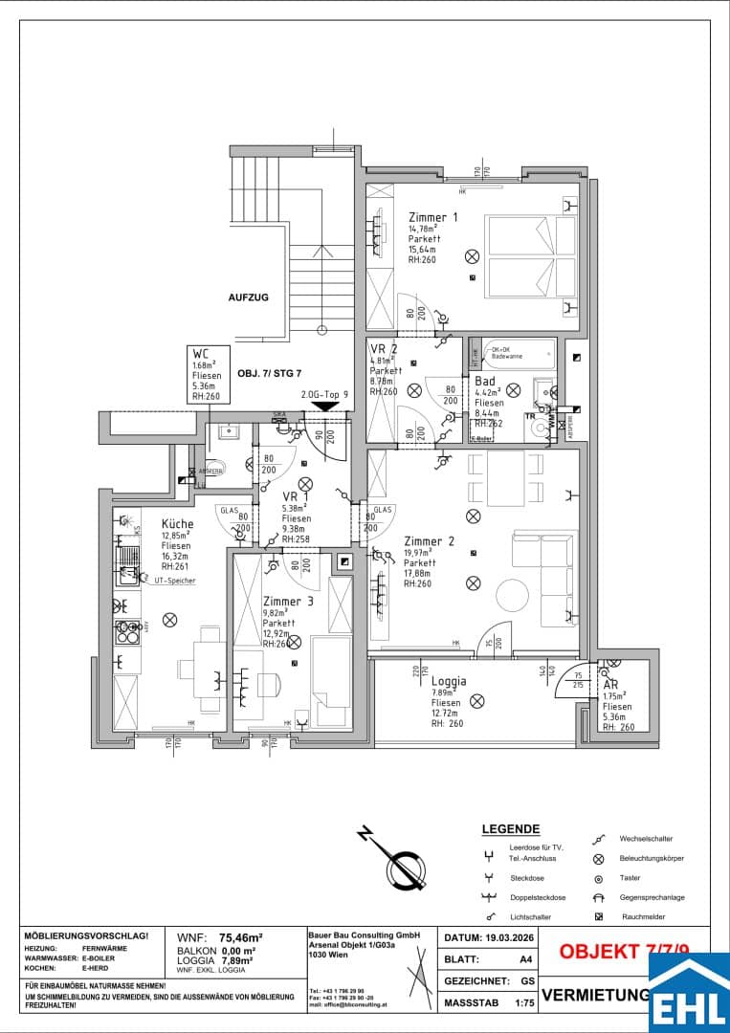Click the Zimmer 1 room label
pyautogui.click(x=432, y=217)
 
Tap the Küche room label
pyautogui.click(x=177, y=523)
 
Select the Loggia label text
pyautogui.click(x=449, y=681)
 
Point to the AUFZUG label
pyautogui.click(x=248, y=297)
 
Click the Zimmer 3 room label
pyautogui.click(x=287, y=601)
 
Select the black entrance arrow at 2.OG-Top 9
pyautogui.click(x=325, y=406)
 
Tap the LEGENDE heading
pyautogui.click(x=510, y=829)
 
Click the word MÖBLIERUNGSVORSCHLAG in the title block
pyautogui.click(x=86, y=935)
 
